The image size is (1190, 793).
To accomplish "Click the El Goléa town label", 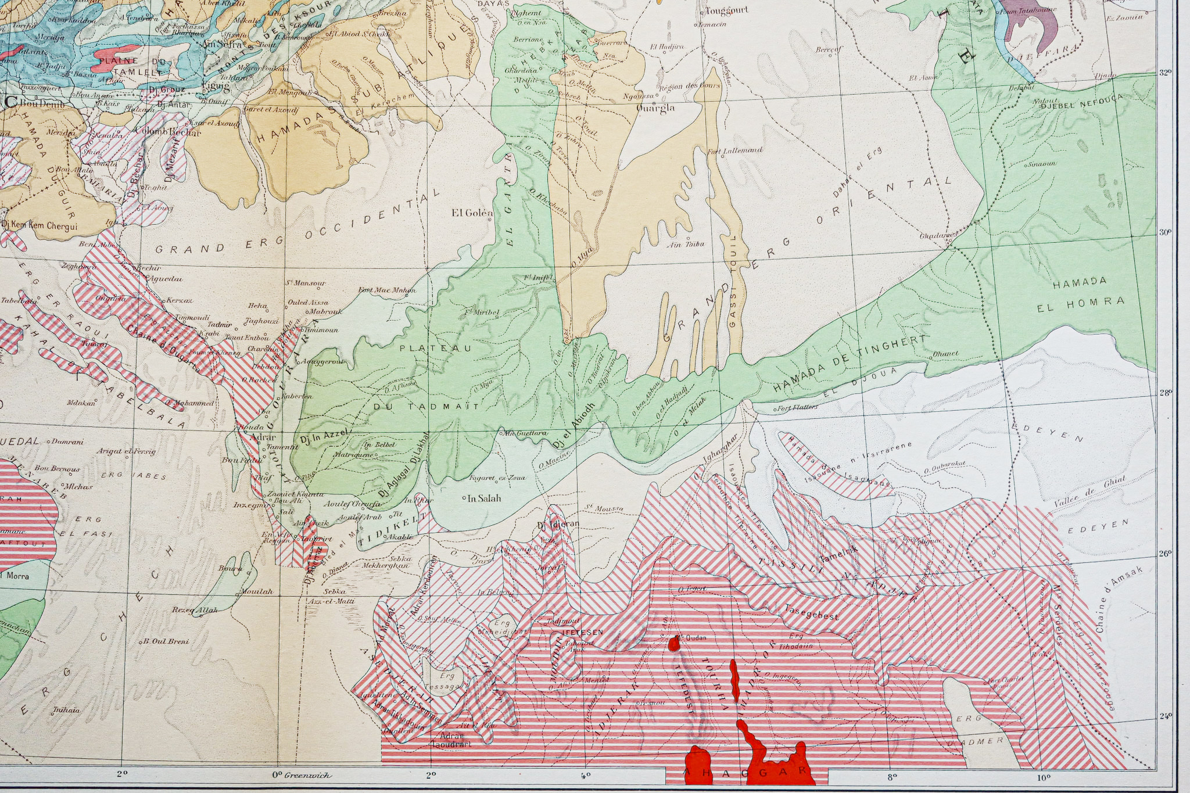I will coord(471,213).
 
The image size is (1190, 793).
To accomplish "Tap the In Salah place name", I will coord(484,498).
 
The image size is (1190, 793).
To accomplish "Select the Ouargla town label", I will coord(655,107).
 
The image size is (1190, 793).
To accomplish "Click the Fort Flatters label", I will coord(797,407).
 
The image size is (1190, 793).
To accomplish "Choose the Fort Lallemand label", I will coord(734,150).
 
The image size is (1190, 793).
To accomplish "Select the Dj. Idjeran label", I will coord(558,525).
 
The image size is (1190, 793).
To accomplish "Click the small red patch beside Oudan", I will coord(675,643).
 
